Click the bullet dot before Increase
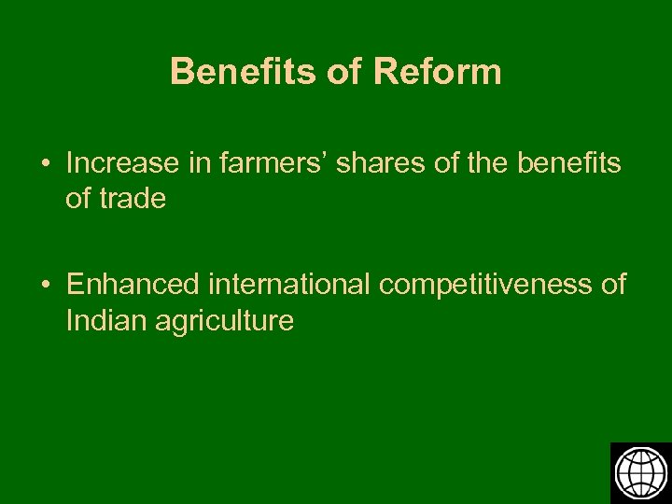pos(46,164)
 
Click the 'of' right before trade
pos(79,199)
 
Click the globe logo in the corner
pos(640,472)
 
